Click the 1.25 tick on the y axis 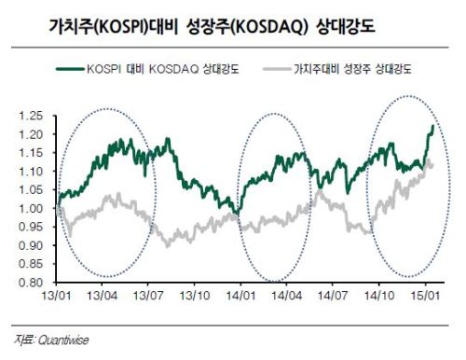(31, 116)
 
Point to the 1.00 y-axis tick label (31, 208)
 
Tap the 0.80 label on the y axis (31, 283)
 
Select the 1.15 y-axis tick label (31, 153)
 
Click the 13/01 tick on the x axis (56, 296)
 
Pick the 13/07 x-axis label (148, 296)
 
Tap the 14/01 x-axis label (240, 296)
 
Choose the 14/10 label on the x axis (379, 296)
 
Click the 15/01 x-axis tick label (425, 296)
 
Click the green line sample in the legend (70, 69)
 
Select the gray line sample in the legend (277, 69)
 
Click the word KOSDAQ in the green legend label (173, 69)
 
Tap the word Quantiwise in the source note (63, 340)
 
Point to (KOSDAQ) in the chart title (269, 27)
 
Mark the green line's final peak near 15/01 (433, 126)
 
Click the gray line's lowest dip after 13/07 (168, 246)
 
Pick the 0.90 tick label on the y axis (31, 245)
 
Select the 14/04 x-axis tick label (287, 296)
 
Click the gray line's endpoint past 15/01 (432, 165)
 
